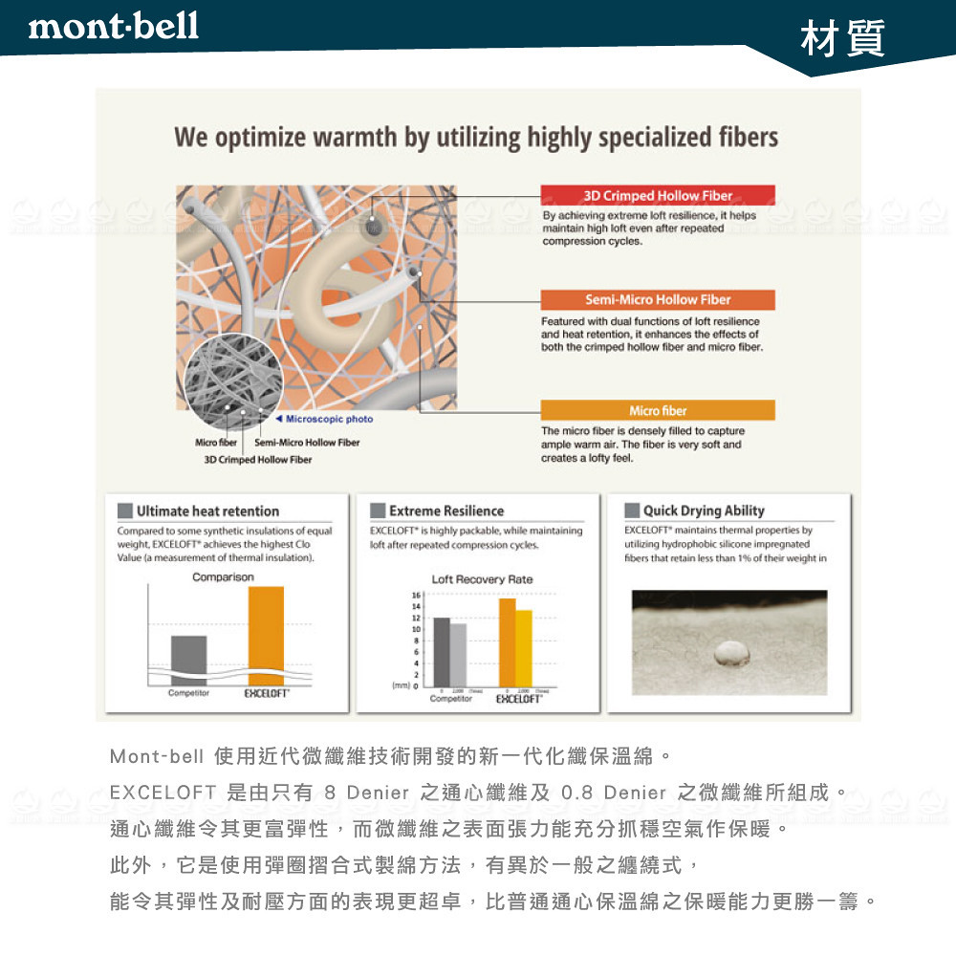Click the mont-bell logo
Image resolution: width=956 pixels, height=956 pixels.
pyautogui.click(x=114, y=26)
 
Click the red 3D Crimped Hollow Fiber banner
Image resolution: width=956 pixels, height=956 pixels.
pyautogui.click(x=658, y=195)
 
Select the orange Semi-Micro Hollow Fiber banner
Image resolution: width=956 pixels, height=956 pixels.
pyautogui.click(x=658, y=299)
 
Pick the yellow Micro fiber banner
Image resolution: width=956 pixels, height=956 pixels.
pyautogui.click(x=658, y=410)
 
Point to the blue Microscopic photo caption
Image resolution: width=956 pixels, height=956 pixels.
pyautogui.click(x=325, y=419)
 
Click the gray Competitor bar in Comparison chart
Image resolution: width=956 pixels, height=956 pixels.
pyautogui.click(x=188, y=660)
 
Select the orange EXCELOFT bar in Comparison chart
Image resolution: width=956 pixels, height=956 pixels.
pyautogui.click(x=266, y=636)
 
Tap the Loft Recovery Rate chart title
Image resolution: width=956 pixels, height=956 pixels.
pyautogui.click(x=482, y=579)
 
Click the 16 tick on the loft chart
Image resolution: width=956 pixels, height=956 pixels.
pyautogui.click(x=415, y=596)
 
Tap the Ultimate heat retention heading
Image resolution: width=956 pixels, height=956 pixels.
pyautogui.click(x=207, y=511)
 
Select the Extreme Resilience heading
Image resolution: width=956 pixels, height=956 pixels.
pyautogui.click(x=445, y=511)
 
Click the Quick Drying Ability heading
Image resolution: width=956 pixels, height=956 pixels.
pyautogui.click(x=704, y=511)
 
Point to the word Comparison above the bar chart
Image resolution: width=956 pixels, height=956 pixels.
pyautogui.click(x=223, y=577)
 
